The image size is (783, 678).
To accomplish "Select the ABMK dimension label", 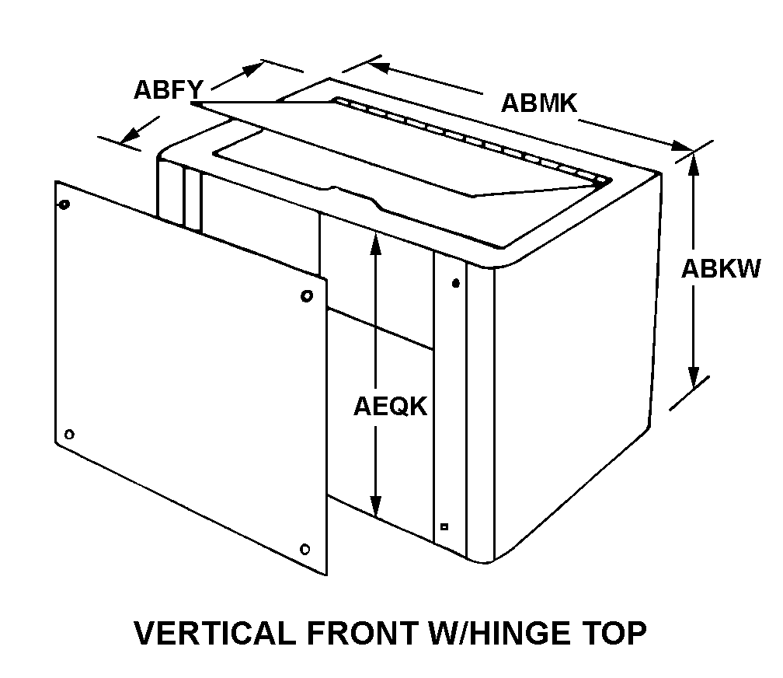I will click(x=539, y=103).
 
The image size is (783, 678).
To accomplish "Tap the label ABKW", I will click(x=721, y=268).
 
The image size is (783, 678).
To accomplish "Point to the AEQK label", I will click(x=391, y=406).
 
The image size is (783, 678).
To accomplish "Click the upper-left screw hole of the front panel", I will click(x=64, y=205).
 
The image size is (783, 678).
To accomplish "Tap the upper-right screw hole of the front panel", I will click(x=307, y=296).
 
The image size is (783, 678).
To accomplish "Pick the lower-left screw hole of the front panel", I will click(x=70, y=434).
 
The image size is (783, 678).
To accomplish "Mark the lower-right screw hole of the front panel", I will click(x=305, y=549).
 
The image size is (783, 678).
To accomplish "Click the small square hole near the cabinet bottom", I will click(x=444, y=526).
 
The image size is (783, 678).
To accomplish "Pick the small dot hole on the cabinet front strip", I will click(x=456, y=282).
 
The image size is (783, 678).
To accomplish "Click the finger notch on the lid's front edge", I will click(x=353, y=192).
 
